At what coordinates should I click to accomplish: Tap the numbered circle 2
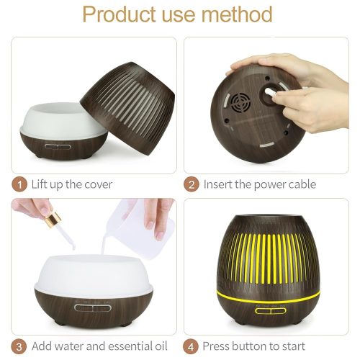click(192, 184)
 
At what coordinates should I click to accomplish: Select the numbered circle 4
click(192, 346)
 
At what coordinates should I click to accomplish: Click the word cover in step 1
click(96, 184)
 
